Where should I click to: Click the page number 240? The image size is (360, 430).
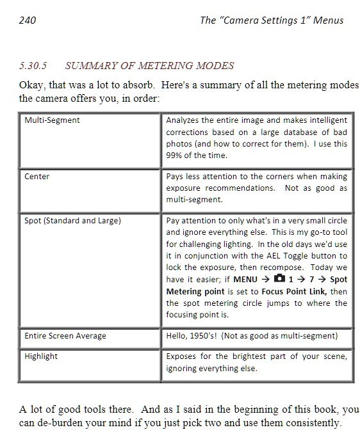click(x=28, y=20)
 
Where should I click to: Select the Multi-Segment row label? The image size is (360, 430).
click(x=53, y=120)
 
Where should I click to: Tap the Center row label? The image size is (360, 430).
click(x=37, y=176)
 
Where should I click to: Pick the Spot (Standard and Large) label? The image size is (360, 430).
click(x=72, y=221)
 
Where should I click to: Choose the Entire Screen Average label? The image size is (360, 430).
click(x=65, y=336)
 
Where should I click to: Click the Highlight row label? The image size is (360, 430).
click(x=41, y=356)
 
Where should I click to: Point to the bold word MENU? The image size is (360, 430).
click(x=245, y=280)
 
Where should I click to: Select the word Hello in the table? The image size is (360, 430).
click(x=177, y=336)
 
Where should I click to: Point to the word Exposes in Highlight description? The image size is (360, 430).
click(x=183, y=356)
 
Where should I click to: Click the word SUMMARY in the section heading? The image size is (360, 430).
click(x=91, y=66)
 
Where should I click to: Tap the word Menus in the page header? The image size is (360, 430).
click(x=328, y=20)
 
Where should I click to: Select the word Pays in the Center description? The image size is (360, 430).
click(x=176, y=176)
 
